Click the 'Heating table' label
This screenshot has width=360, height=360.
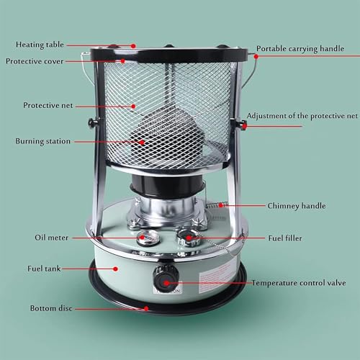click(40, 45)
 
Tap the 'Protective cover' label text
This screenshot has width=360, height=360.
click(35, 61)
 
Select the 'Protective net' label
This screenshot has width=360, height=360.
click(48, 105)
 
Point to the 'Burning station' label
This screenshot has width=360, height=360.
click(43, 141)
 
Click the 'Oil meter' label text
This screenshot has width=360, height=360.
click(52, 238)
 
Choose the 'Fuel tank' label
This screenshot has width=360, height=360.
click(44, 269)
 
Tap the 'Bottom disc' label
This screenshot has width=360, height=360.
click(51, 308)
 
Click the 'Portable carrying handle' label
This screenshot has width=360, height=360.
click(300, 49)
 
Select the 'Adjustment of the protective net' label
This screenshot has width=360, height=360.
click(302, 116)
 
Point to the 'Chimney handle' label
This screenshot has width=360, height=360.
click(297, 206)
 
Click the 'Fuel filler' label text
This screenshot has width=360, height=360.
click(285, 238)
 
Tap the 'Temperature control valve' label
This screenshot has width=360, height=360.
click(299, 283)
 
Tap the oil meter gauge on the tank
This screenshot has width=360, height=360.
click(148, 238)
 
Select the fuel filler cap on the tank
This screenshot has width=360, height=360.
click(189, 238)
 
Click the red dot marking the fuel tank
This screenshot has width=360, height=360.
click(115, 269)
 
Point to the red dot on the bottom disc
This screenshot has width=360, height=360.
click(146, 308)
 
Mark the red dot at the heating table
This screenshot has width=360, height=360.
click(133, 46)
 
